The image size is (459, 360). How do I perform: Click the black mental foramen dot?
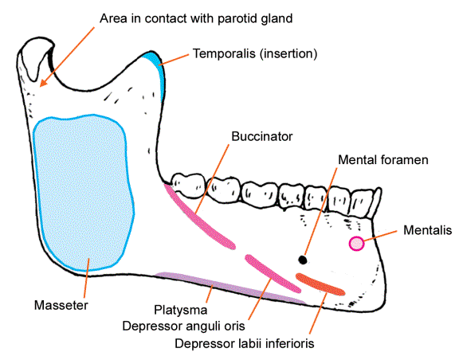point(303,258)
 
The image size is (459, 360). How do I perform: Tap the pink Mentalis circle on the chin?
point(356,244)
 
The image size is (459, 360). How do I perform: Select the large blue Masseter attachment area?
point(83,191)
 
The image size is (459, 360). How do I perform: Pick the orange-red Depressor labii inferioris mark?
point(320,283)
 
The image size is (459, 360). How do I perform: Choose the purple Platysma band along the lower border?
point(231,287)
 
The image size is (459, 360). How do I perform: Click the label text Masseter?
point(61,305)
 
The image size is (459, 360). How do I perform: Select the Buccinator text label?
point(261,137)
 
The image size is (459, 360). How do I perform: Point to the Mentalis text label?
point(428,230)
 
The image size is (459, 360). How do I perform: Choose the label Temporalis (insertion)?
point(255,54)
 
